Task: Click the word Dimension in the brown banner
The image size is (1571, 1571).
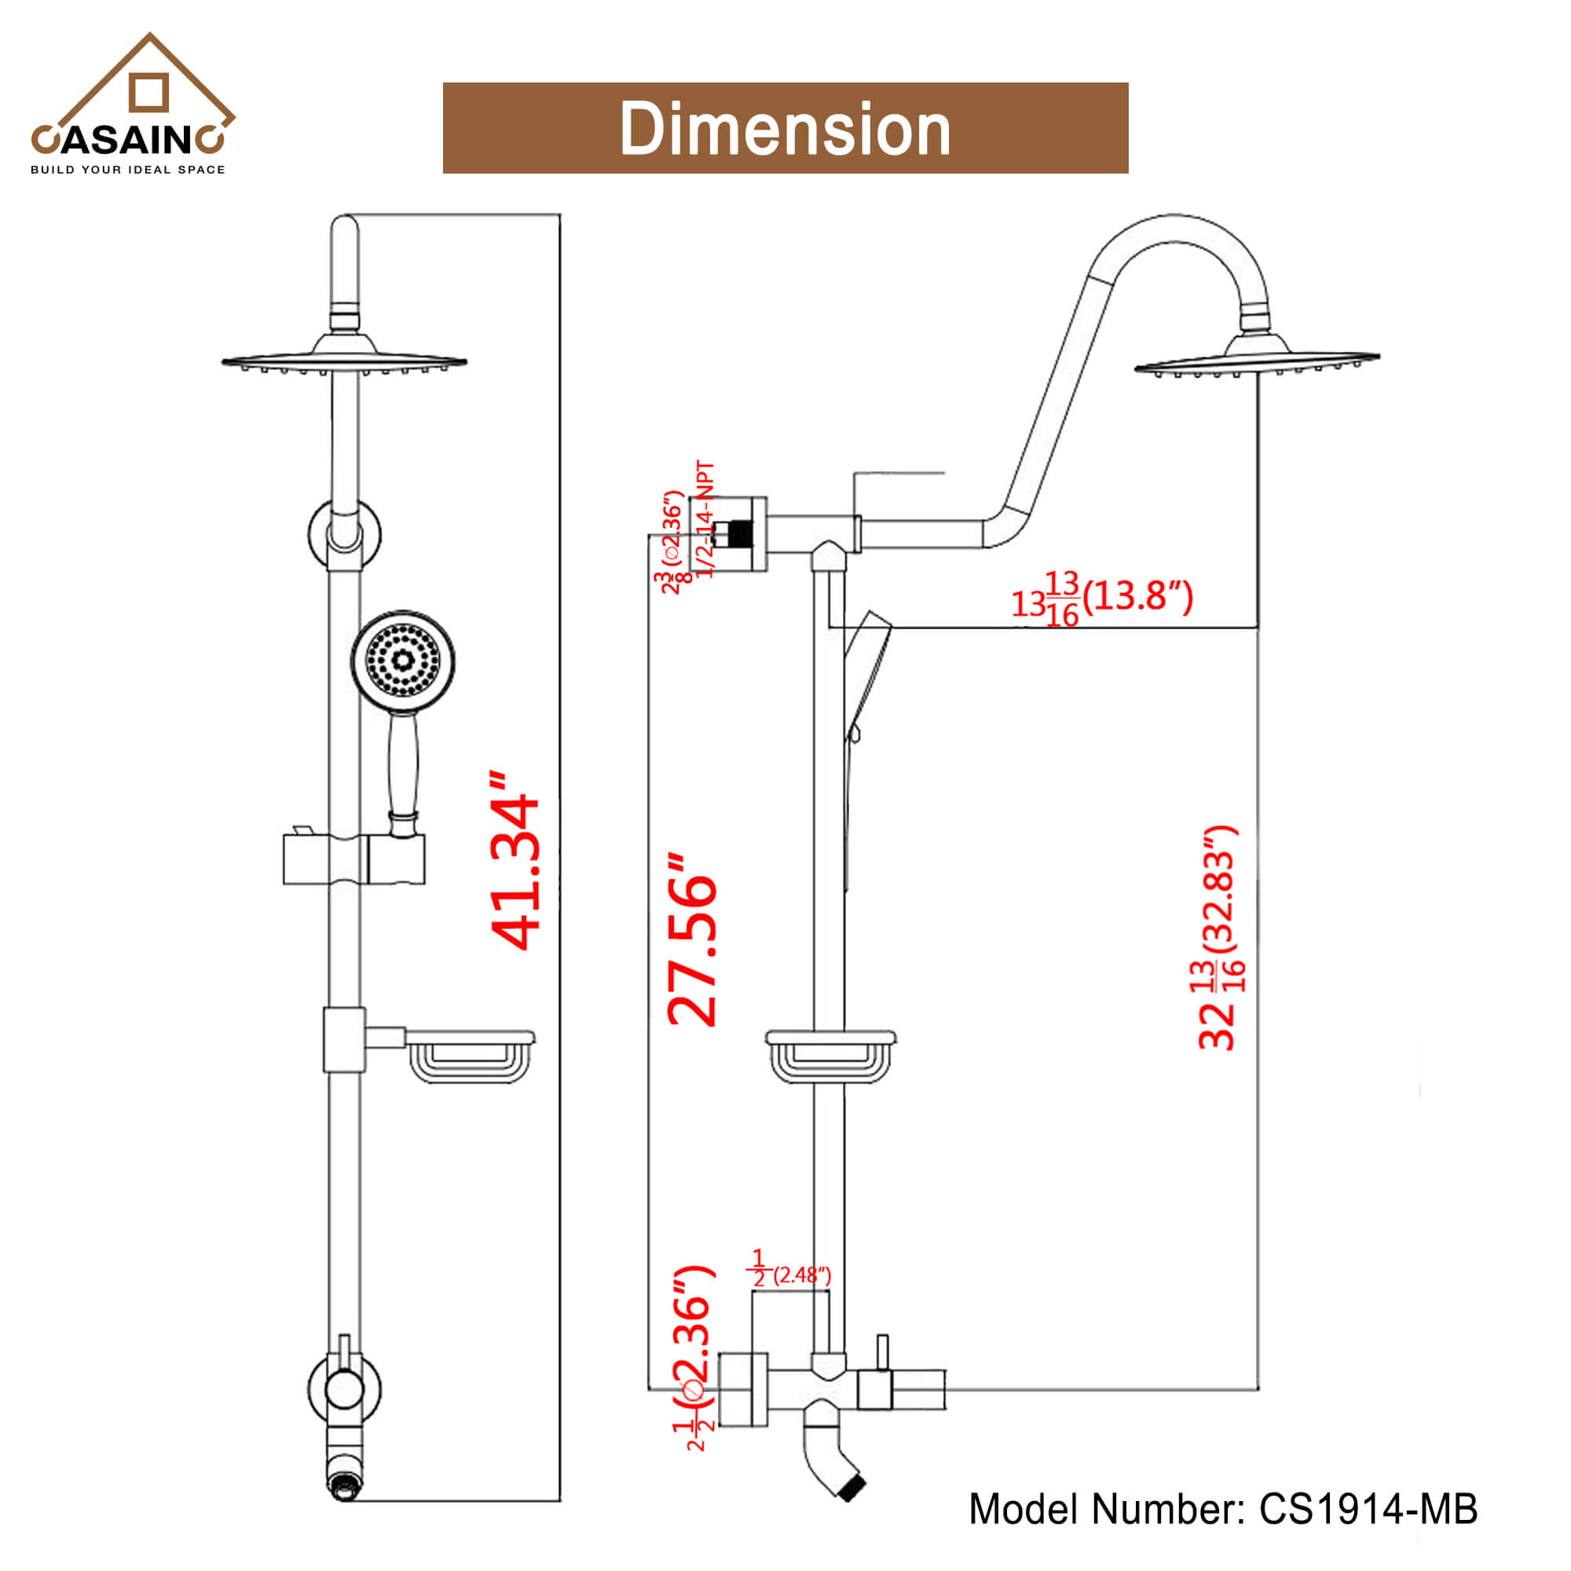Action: pyautogui.click(x=785, y=129)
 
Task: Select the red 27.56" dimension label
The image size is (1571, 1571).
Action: pyautogui.click(x=692, y=940)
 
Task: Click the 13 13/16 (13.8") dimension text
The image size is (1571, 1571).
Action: pyautogui.click(x=1102, y=599)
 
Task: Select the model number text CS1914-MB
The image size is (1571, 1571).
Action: pyautogui.click(x=1368, y=1509)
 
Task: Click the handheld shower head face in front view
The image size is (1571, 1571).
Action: pyautogui.click(x=402, y=660)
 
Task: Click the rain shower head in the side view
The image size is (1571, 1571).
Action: pyautogui.click(x=1257, y=361)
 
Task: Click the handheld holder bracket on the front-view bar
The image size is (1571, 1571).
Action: pyautogui.click(x=353, y=859)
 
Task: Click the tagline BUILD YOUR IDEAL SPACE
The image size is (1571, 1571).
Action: pyautogui.click(x=128, y=170)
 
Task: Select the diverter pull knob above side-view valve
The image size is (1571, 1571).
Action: pyautogui.click(x=882, y=1350)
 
